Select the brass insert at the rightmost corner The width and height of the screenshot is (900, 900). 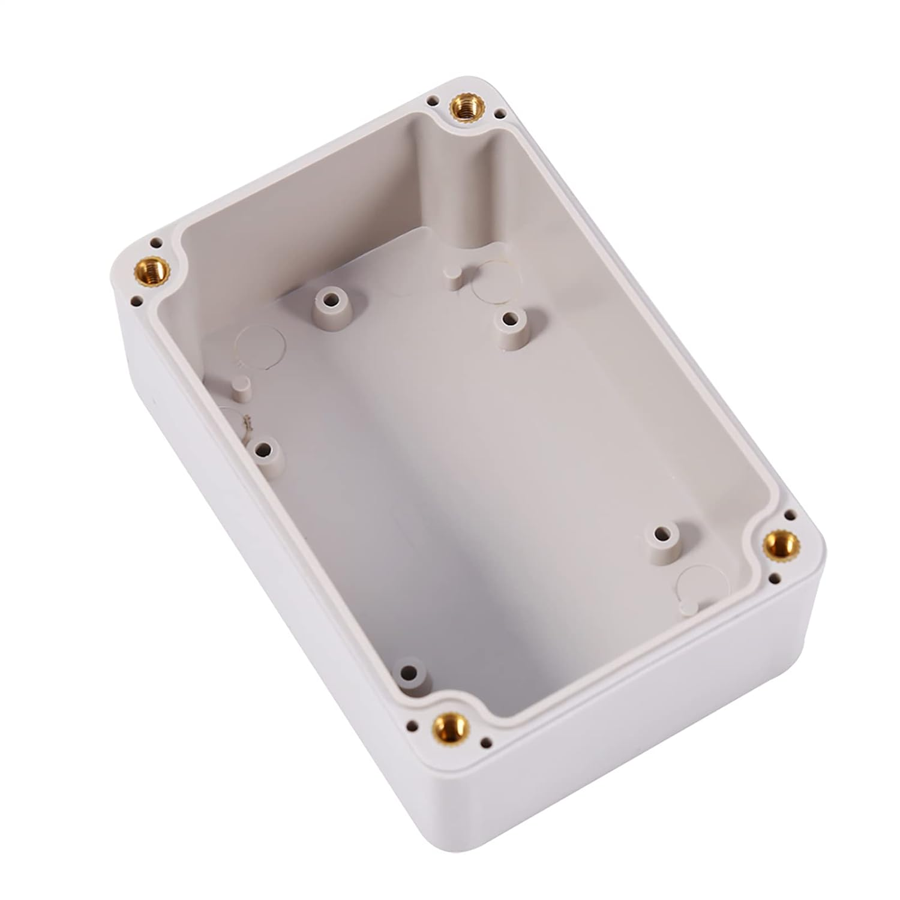click(781, 545)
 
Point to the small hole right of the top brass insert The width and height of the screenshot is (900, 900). click(499, 112)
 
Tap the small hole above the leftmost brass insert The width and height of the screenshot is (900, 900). click(156, 243)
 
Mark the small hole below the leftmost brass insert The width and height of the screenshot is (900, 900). click(136, 301)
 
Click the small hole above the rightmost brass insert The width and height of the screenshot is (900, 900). click(790, 515)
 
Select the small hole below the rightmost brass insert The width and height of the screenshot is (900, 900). click(775, 580)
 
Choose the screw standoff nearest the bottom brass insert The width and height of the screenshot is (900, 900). click(410, 671)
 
